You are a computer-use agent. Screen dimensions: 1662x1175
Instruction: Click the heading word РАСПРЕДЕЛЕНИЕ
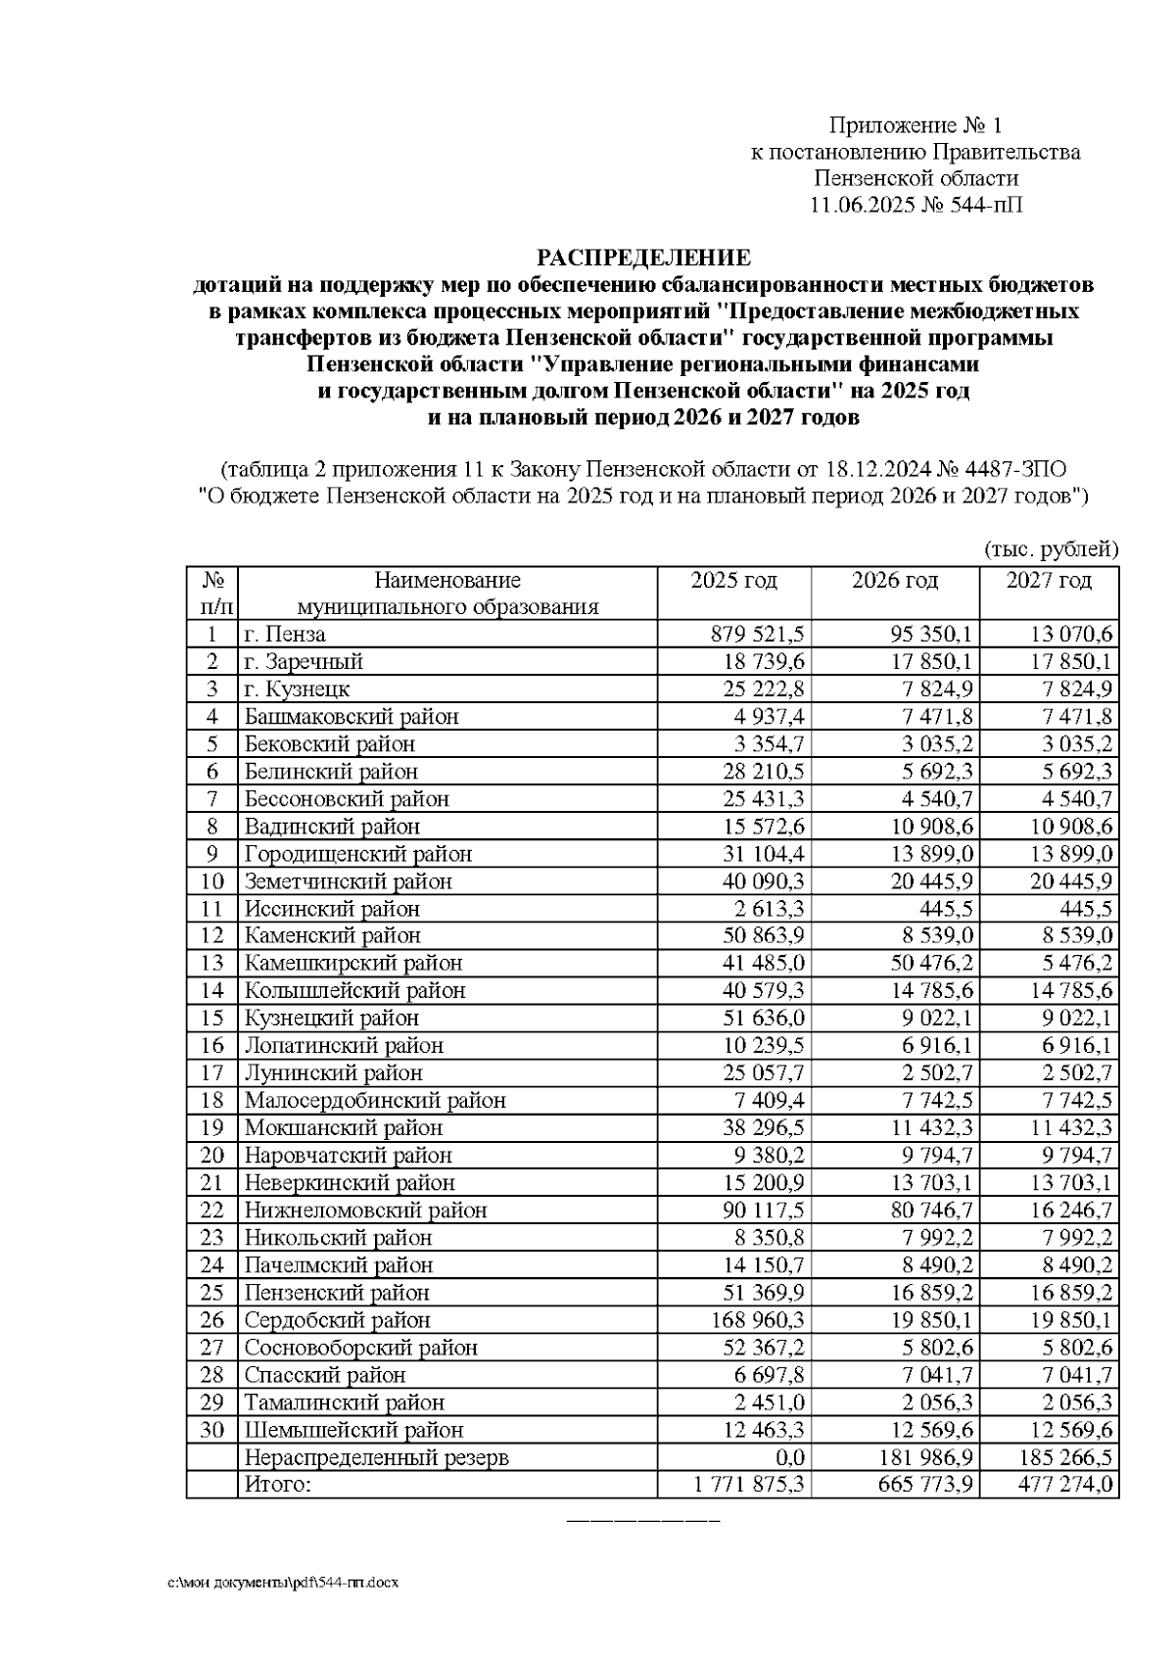(642, 258)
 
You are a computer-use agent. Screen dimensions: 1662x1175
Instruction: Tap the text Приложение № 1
(916, 125)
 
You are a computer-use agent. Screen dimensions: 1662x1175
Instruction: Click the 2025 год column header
(733, 581)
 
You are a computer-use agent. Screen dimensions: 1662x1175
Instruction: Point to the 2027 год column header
(1048, 581)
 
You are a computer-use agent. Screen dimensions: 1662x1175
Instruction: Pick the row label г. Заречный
(304, 662)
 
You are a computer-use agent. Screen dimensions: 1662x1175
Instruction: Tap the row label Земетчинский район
(348, 881)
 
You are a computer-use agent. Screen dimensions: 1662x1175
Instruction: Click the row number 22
(211, 1211)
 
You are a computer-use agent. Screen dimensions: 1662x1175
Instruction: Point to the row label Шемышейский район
(353, 1430)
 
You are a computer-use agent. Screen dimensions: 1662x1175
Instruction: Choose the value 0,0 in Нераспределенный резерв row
(788, 1457)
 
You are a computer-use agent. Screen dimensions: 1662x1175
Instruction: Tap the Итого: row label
(277, 1485)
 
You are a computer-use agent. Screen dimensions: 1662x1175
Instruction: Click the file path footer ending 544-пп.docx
(283, 1582)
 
